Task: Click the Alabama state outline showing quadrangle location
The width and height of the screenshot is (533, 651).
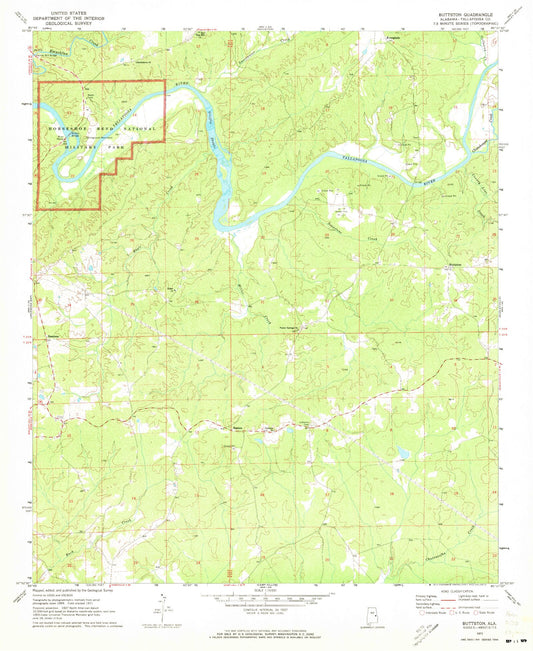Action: click(342, 612)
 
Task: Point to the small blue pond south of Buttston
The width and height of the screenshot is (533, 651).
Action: click(400, 455)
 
